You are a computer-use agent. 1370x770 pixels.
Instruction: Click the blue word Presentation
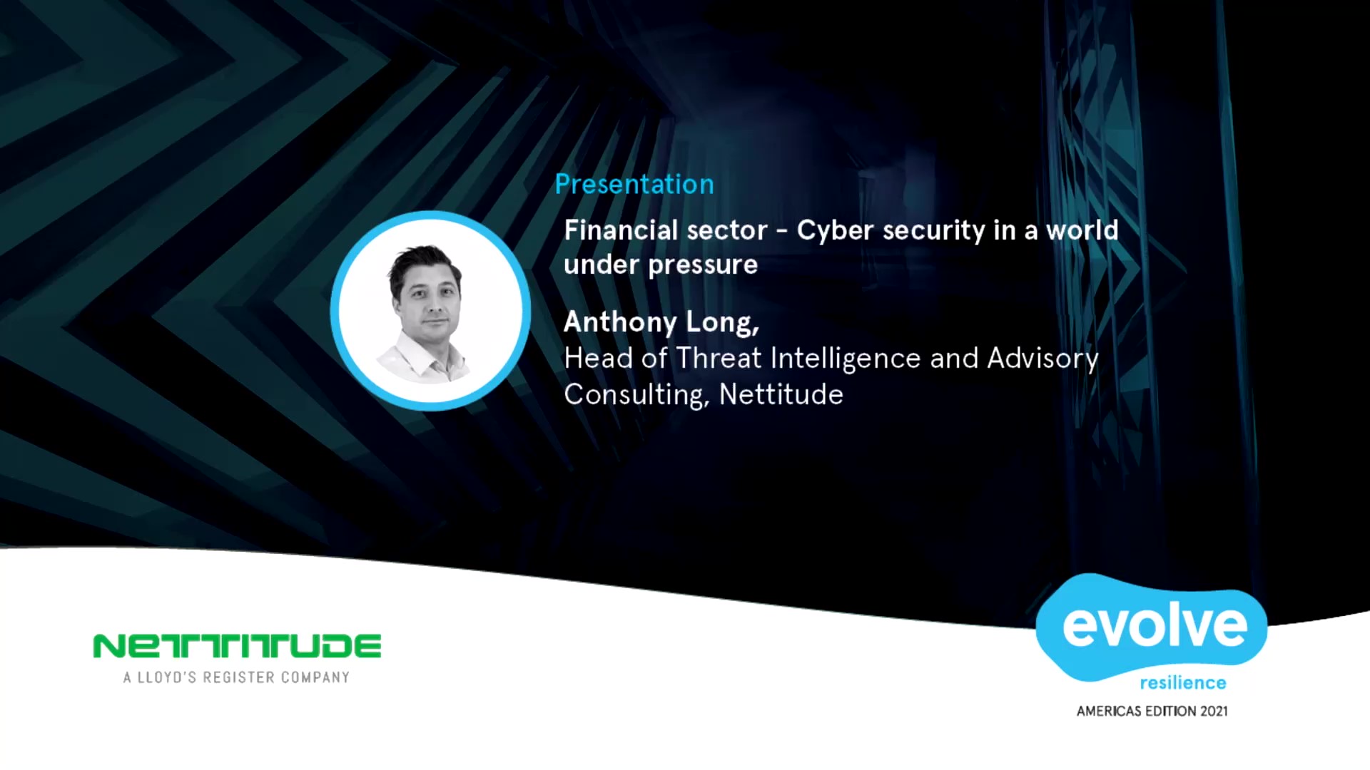(x=634, y=184)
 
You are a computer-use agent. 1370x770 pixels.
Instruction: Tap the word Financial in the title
(x=621, y=230)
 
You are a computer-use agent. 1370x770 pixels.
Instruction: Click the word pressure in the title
(x=703, y=265)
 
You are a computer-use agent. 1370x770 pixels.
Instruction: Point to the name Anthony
(x=620, y=322)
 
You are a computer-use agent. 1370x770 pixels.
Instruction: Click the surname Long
(x=722, y=322)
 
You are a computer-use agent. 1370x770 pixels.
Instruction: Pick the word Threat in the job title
(x=719, y=358)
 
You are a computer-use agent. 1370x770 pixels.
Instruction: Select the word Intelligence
(x=846, y=359)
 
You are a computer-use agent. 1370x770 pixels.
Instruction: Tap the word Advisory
(x=1042, y=359)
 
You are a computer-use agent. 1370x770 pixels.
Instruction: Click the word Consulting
(x=636, y=395)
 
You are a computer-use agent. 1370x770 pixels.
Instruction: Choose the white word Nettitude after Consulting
(x=781, y=394)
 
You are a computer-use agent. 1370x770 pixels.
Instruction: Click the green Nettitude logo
(x=237, y=646)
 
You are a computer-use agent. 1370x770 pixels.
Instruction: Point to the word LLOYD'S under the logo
(x=166, y=677)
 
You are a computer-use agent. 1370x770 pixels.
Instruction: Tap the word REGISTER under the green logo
(x=238, y=677)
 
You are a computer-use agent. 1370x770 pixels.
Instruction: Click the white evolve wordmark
(x=1155, y=625)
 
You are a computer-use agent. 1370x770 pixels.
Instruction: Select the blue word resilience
(x=1183, y=683)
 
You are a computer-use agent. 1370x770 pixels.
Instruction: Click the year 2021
(x=1214, y=711)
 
